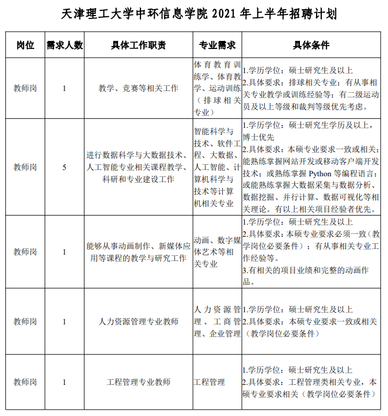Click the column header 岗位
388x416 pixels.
25,45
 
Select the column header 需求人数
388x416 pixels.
64,45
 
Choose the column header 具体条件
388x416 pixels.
311,45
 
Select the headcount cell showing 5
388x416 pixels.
64,167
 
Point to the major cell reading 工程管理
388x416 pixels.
210,382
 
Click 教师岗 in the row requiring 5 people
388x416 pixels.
25,167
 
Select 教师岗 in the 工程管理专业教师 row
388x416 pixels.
25,382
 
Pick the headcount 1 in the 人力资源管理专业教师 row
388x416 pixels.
64,321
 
